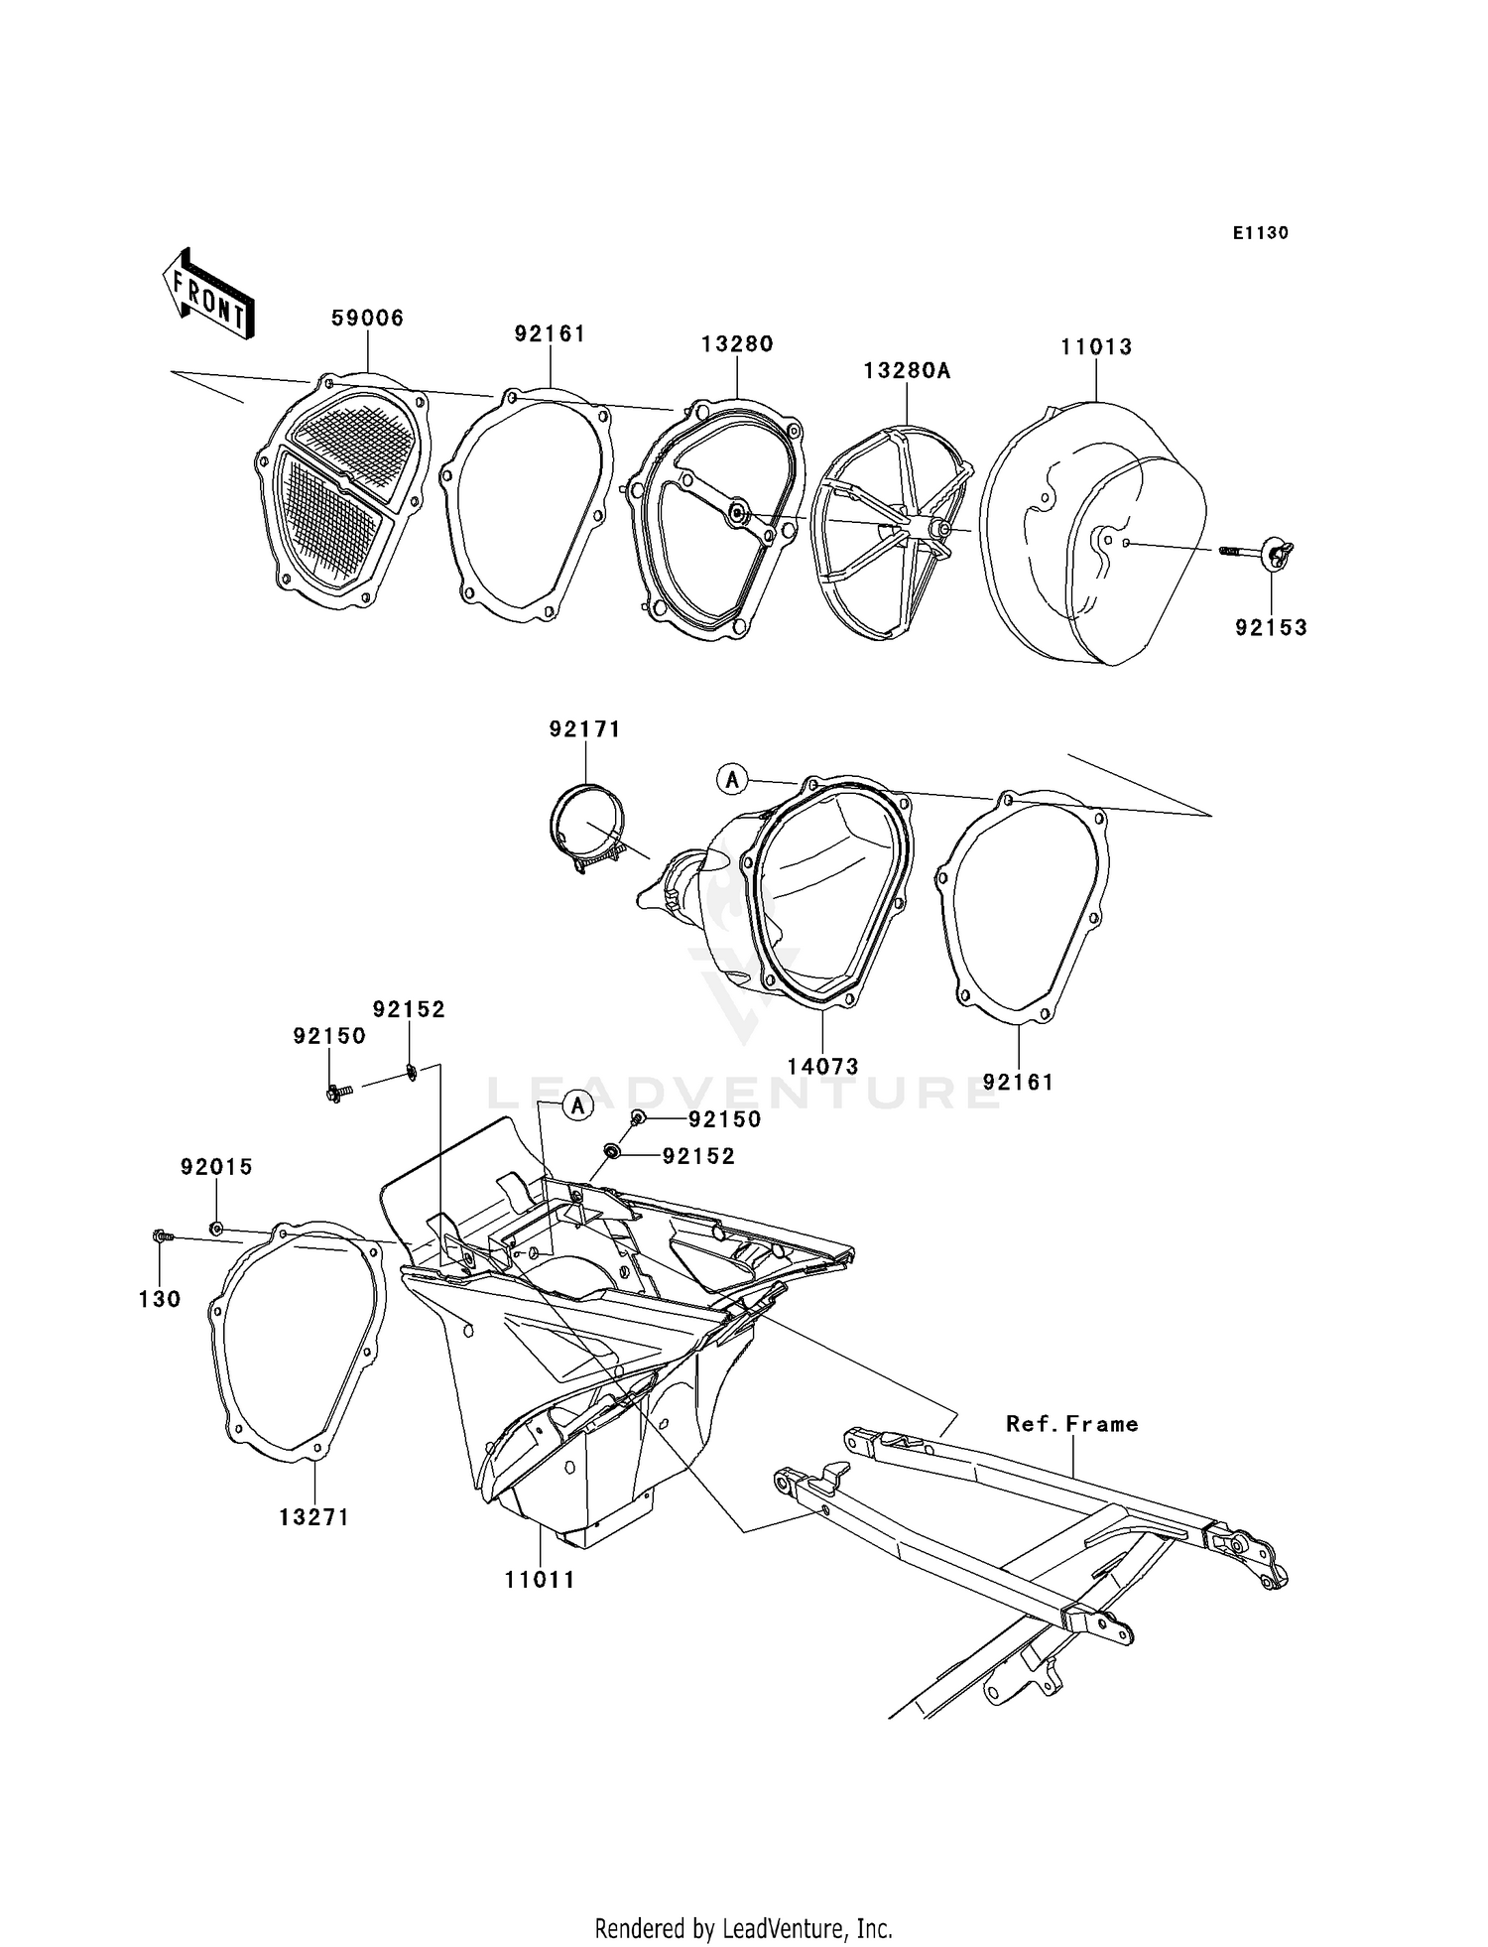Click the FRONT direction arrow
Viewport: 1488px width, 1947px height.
pyautogui.click(x=209, y=298)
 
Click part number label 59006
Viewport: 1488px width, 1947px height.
pyautogui.click(x=367, y=319)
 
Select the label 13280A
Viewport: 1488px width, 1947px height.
pyautogui.click(x=907, y=371)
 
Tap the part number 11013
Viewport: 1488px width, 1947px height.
pyautogui.click(x=1096, y=347)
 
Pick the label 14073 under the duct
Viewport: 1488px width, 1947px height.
pyautogui.click(x=822, y=1067)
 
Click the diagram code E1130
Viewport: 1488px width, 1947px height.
pyautogui.click(x=1260, y=233)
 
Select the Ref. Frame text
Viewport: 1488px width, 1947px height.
pyautogui.click(x=1071, y=1424)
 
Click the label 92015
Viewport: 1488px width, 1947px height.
pyautogui.click(x=216, y=1168)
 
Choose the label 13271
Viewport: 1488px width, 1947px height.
pyautogui.click(x=313, y=1517)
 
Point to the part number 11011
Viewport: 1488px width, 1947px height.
pyautogui.click(x=540, y=1580)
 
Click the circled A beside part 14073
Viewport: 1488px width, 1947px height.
pyautogui.click(x=732, y=780)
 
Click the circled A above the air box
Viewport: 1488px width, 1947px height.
pyautogui.click(x=577, y=1104)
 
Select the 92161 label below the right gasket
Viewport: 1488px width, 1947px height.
pyautogui.click(x=1018, y=1083)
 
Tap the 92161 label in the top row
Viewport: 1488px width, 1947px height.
pyautogui.click(x=550, y=334)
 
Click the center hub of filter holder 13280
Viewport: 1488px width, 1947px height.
pyautogui.click(x=739, y=513)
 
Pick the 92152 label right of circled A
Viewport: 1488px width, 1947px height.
pyautogui.click(x=698, y=1157)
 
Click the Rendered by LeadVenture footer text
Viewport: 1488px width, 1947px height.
pyautogui.click(x=743, y=1928)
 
